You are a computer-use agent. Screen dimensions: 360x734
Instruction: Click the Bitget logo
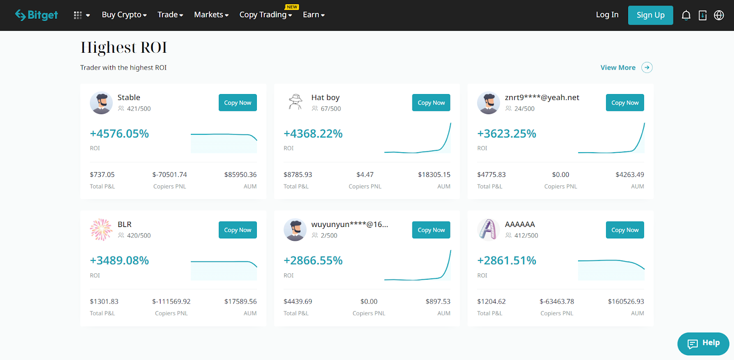coord(36,15)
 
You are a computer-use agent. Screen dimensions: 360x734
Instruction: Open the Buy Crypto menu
coord(124,15)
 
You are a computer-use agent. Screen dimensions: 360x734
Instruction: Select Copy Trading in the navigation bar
coord(265,15)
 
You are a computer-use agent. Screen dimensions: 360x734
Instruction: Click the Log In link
coord(607,15)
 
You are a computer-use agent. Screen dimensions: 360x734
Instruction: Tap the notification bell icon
coord(686,15)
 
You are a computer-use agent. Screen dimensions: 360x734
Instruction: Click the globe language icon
coord(719,15)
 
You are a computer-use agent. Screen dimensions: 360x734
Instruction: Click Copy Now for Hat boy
coord(431,103)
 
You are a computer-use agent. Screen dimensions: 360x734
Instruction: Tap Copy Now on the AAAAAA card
coord(624,230)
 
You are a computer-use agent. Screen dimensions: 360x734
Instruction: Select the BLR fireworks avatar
coord(101,230)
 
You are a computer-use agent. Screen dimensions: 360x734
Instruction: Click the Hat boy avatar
coord(295,102)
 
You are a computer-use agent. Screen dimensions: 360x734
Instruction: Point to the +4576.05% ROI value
coord(119,133)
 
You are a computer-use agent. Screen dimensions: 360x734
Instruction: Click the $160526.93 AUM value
coord(626,301)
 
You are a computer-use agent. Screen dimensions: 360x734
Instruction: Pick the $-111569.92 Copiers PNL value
coord(171,301)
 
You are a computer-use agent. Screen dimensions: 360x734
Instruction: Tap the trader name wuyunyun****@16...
coord(349,224)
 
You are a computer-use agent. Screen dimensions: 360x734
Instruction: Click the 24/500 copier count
coord(524,109)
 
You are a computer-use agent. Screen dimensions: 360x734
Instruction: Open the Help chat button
coord(703,343)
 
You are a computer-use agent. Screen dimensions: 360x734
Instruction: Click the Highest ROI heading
coord(123,48)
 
